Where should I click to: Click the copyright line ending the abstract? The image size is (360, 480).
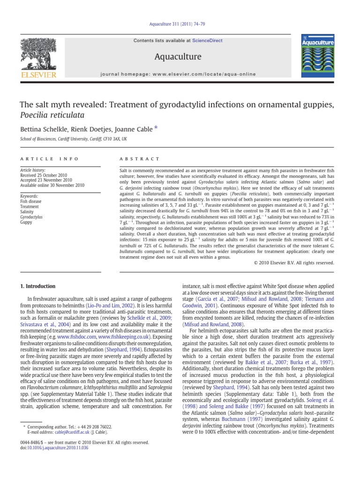click(x=294, y=263)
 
